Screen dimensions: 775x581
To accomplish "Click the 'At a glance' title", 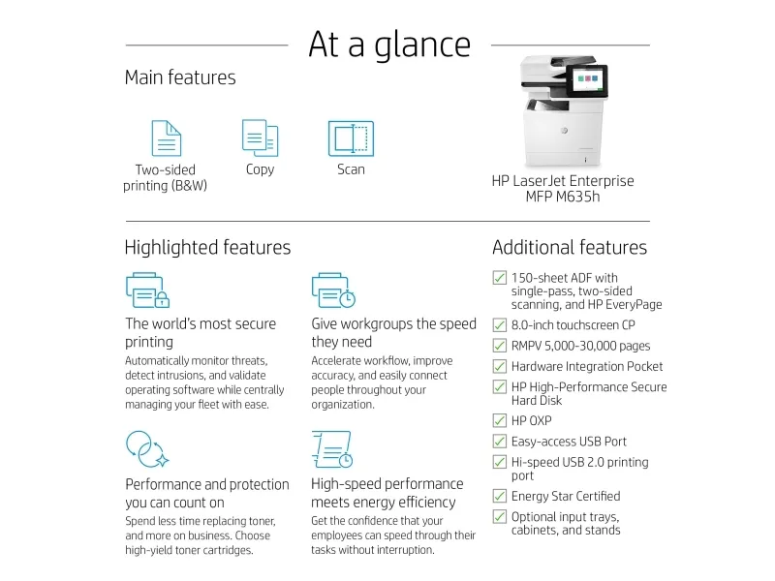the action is pyautogui.click(x=389, y=45).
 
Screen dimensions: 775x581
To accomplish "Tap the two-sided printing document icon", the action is pyautogui.click(x=166, y=138).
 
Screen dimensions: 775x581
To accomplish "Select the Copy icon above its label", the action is pyautogui.click(x=260, y=138).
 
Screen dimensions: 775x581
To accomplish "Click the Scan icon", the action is pyautogui.click(x=351, y=138).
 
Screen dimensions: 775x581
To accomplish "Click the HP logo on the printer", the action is pyautogui.click(x=564, y=131).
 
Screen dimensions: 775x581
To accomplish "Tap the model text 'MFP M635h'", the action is pyautogui.click(x=563, y=197).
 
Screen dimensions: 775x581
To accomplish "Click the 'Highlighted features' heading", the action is pyautogui.click(x=207, y=247).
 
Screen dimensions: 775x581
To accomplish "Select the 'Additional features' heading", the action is pyautogui.click(x=570, y=247).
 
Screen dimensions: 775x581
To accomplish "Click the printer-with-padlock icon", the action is pyautogui.click(x=148, y=290).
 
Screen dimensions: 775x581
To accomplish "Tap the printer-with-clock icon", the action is pyautogui.click(x=333, y=290).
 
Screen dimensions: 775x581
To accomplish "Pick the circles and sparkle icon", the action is pyautogui.click(x=147, y=449).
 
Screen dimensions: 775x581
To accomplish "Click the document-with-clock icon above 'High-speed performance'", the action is pyautogui.click(x=332, y=449).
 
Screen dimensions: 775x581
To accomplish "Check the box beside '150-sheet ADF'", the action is pyautogui.click(x=500, y=278).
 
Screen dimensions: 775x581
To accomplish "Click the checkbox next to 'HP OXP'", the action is pyautogui.click(x=500, y=420).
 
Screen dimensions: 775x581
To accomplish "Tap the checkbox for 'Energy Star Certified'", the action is pyautogui.click(x=500, y=496).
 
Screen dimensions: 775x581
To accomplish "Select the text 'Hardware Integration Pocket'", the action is pyautogui.click(x=587, y=367).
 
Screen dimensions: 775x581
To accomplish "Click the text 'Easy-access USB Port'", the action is pyautogui.click(x=569, y=442).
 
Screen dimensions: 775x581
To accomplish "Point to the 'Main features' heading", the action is pyautogui.click(x=180, y=77).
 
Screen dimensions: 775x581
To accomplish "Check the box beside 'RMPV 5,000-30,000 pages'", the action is pyautogui.click(x=500, y=346).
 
